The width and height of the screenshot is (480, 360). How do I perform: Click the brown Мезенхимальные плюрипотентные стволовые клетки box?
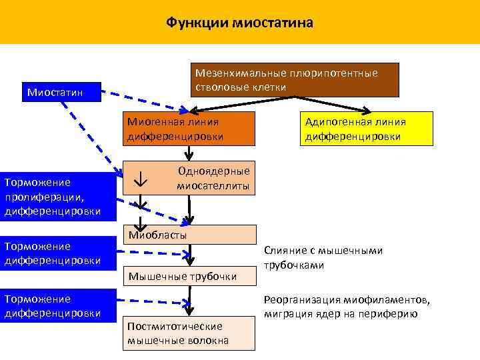[x=295, y=80]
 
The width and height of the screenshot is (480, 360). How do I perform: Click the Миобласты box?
[x=191, y=235]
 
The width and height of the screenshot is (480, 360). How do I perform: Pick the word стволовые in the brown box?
[x=218, y=87]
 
